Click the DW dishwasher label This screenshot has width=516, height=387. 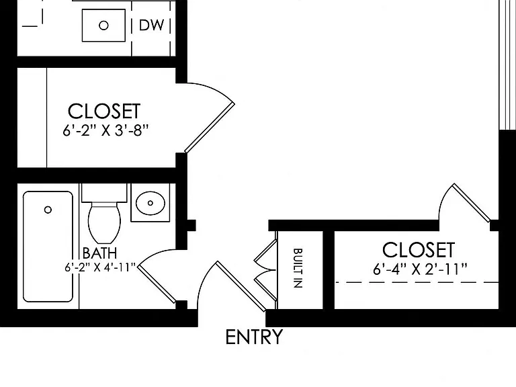(151, 26)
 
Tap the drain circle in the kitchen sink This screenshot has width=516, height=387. (103, 26)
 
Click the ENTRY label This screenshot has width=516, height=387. (254, 337)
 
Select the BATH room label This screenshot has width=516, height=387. (99, 253)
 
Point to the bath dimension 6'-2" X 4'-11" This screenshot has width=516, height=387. (100, 267)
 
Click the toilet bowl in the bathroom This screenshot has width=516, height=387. (105, 223)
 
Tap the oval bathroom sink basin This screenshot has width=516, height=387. (150, 203)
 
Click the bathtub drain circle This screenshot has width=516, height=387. (48, 210)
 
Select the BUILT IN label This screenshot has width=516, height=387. (298, 268)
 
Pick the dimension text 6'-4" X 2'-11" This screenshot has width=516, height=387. (420, 269)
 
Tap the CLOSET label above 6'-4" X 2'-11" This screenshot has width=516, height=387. (419, 250)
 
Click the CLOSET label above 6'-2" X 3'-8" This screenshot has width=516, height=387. (104, 112)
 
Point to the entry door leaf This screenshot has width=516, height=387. (241, 286)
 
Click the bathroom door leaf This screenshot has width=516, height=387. (157, 284)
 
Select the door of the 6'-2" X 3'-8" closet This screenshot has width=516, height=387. (210, 128)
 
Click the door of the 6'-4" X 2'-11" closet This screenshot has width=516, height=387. (472, 203)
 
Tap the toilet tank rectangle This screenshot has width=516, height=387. (104, 193)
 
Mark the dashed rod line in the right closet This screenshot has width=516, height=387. (417, 282)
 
